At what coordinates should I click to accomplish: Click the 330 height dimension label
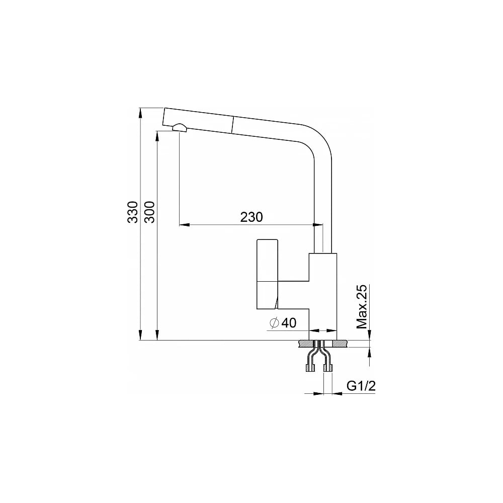[x=132, y=212]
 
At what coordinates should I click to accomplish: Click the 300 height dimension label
[x=150, y=212]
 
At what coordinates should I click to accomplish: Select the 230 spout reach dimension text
[x=251, y=217]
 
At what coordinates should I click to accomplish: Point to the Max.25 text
[x=362, y=307]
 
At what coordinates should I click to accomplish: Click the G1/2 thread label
[x=361, y=386]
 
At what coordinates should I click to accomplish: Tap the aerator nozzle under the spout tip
[x=180, y=127]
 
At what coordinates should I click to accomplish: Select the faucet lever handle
[x=268, y=274]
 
